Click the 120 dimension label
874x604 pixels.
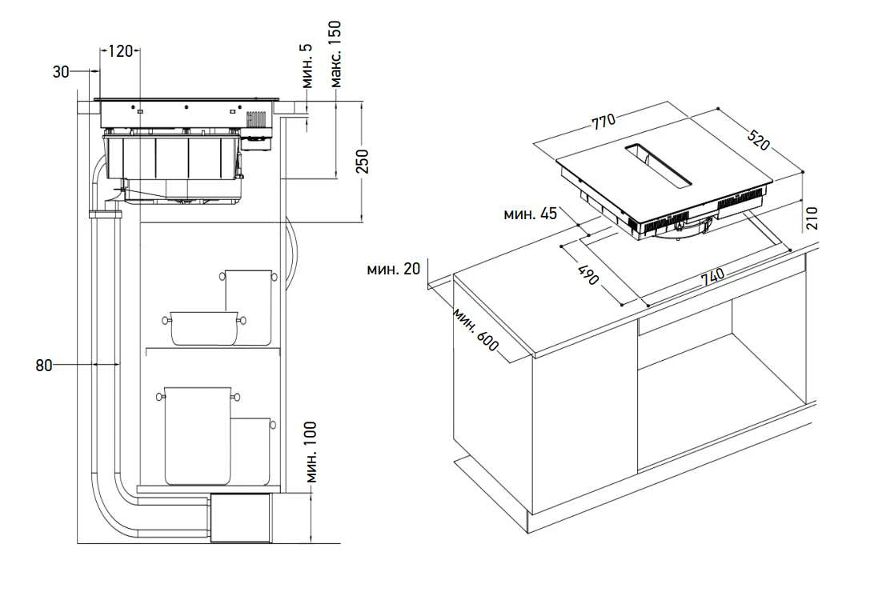(x=120, y=51)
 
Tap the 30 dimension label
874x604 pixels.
(x=61, y=71)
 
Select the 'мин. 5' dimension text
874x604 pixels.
(x=307, y=66)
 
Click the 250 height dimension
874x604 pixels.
(x=363, y=161)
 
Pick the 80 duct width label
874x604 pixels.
(x=43, y=366)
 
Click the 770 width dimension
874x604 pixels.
(x=603, y=122)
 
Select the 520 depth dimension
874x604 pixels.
(x=758, y=141)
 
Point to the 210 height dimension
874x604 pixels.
(x=812, y=218)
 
